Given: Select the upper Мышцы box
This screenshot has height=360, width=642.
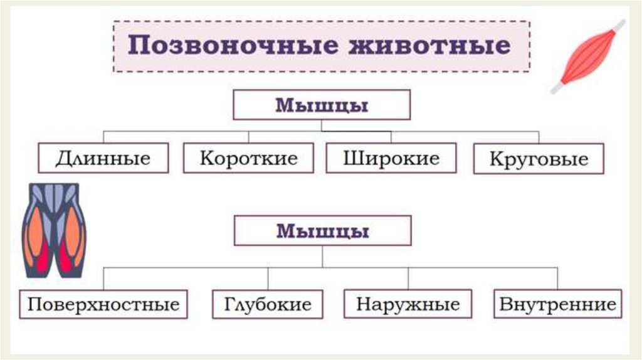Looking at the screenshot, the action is click(x=322, y=105).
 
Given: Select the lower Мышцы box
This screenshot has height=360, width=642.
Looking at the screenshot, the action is click(x=322, y=231).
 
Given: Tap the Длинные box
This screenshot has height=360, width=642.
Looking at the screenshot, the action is click(x=103, y=158).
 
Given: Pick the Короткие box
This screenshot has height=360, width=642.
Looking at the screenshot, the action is click(x=248, y=158).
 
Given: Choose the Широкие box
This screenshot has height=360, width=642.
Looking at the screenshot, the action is click(x=391, y=158).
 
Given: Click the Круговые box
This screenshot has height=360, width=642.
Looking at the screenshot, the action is click(x=539, y=159).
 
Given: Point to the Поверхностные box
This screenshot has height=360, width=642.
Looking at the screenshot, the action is click(x=103, y=304).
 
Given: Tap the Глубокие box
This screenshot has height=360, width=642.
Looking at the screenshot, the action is click(x=268, y=304).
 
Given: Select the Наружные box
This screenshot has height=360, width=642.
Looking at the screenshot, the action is click(x=408, y=304).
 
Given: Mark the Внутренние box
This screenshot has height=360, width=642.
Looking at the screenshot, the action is click(x=557, y=304).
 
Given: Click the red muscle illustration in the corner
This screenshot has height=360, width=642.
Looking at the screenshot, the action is click(x=587, y=57).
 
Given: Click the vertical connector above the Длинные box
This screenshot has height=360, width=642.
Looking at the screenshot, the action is click(x=103, y=137).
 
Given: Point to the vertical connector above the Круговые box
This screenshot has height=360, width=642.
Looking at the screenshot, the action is click(x=539, y=137).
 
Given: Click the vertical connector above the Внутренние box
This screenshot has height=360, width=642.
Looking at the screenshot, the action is click(x=557, y=278).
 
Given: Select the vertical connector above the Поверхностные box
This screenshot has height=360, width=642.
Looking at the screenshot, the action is click(x=103, y=278).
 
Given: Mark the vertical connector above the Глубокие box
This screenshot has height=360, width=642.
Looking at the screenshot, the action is click(x=268, y=278).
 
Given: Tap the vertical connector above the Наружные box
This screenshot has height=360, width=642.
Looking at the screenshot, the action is click(x=408, y=278).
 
